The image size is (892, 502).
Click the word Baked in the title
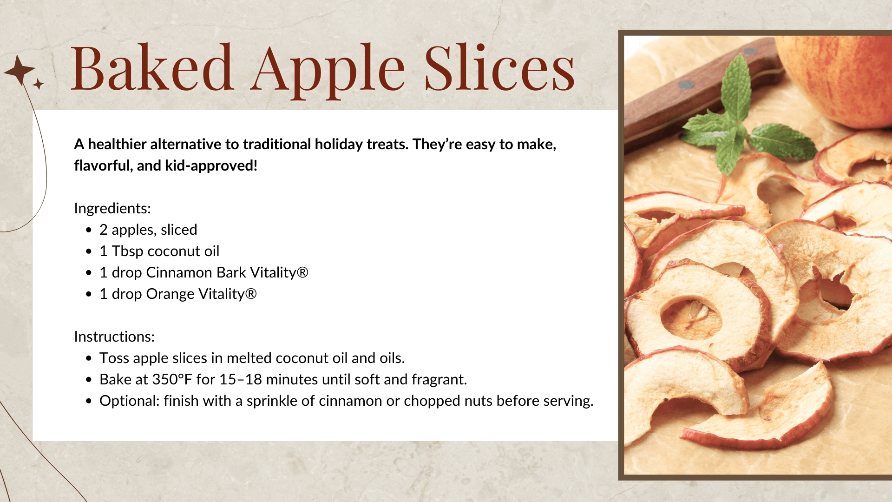pyautogui.click(x=152, y=67)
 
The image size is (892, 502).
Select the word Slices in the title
pyautogui.click(x=500, y=67)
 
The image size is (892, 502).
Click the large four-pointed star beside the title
pyautogui.click(x=20, y=70)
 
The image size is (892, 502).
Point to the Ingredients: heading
pyautogui.click(x=112, y=208)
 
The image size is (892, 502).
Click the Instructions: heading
pyautogui.click(x=114, y=337)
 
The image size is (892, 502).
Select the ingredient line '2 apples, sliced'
pyautogui.click(x=148, y=230)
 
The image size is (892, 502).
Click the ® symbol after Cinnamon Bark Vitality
pyautogui.click(x=302, y=272)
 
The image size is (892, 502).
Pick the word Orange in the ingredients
pyautogui.click(x=170, y=294)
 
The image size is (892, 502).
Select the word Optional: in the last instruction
pyautogui.click(x=129, y=401)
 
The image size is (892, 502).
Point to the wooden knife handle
pyautogui.click(x=702, y=93)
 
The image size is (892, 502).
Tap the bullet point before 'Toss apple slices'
pyautogui.click(x=89, y=358)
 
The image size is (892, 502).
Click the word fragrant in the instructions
pyautogui.click(x=439, y=380)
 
